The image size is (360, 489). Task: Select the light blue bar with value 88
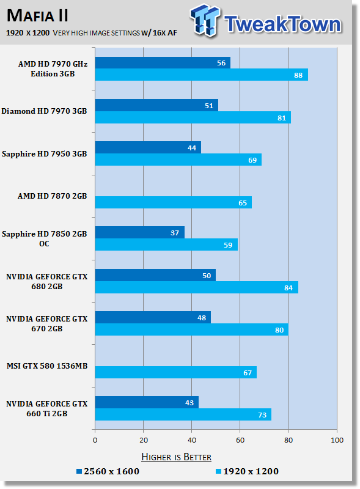pos(201,75)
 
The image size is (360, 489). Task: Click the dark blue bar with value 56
pos(162,63)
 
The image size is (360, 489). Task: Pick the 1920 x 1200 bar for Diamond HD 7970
pos(193,117)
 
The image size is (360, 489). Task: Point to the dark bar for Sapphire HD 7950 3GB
pos(148,147)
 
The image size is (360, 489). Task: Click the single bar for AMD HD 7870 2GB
pos(173,202)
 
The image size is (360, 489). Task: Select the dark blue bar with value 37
pos(139,232)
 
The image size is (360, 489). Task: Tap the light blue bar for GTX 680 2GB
pos(196,287)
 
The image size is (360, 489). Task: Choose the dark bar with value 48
pos(153,317)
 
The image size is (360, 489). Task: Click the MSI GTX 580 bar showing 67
pos(175,372)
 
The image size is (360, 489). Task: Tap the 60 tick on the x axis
pos(240,439)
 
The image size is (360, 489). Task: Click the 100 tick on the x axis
pos(336,439)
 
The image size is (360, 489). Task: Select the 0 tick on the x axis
pos(95,439)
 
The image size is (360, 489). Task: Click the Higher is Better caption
pos(176,457)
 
